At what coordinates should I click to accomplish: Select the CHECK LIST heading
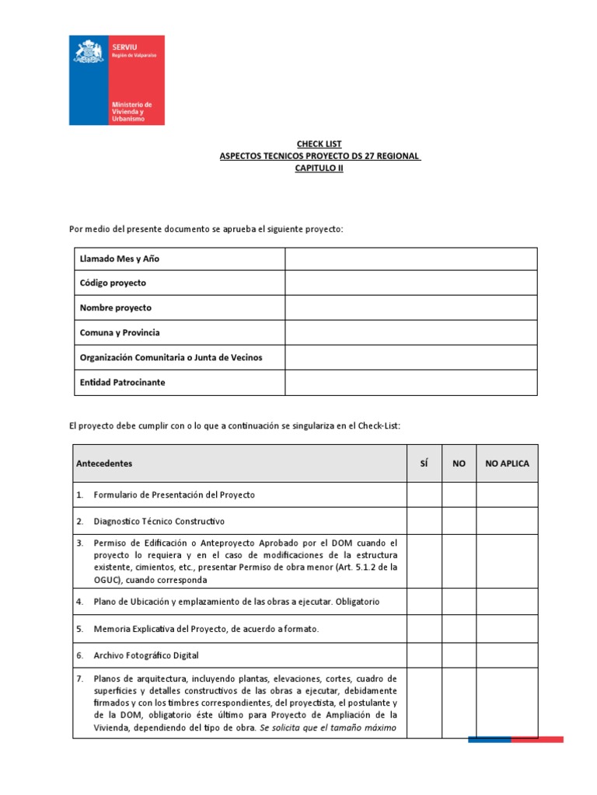[x=319, y=144]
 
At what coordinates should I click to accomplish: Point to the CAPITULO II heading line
[x=319, y=168]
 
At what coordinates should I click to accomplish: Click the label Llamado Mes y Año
[x=120, y=259]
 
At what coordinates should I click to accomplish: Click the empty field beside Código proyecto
[x=410, y=283]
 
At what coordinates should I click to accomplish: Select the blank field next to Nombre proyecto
[x=410, y=308]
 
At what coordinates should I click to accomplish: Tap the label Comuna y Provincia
[x=120, y=333]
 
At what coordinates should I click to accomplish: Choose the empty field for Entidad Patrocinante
[x=410, y=383]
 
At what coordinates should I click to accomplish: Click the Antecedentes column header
[x=104, y=463]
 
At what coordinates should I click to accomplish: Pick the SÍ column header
[x=424, y=463]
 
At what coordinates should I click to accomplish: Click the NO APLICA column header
[x=507, y=463]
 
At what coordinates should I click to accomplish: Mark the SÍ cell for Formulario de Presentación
[x=424, y=495]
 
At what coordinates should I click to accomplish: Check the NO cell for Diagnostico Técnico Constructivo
[x=459, y=521]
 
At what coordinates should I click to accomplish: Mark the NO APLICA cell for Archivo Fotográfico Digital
[x=507, y=655]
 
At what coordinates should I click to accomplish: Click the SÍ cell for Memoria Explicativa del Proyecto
[x=424, y=629]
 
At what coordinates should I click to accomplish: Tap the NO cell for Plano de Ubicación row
[x=459, y=602]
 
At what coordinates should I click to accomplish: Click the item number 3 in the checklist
[x=80, y=543]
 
